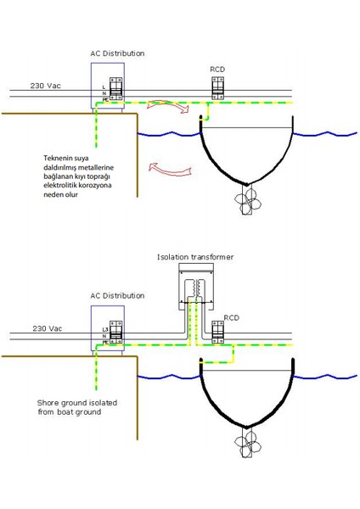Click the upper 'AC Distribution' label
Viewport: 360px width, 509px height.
coord(117,53)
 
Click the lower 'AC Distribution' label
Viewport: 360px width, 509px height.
coord(117,296)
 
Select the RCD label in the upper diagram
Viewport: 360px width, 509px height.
coord(218,69)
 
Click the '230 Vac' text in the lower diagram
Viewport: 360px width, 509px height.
coord(48,327)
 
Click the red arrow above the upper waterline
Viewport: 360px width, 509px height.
coord(164,105)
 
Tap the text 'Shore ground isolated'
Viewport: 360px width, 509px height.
coord(77,403)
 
